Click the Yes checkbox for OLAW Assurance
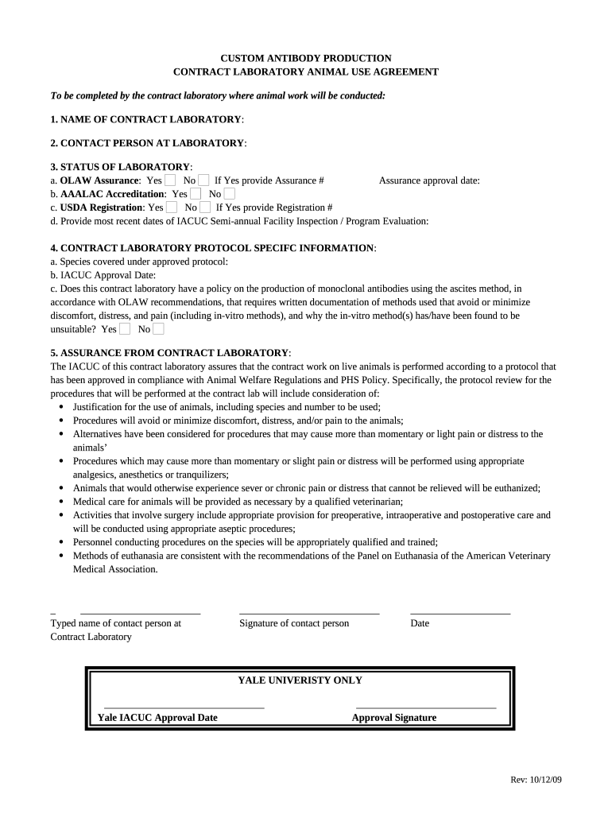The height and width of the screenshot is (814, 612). pos(170,180)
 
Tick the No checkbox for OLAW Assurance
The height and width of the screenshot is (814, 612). pos(203,180)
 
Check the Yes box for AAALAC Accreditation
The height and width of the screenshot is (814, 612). pos(196,193)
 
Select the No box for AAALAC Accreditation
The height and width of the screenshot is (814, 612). pos(229,193)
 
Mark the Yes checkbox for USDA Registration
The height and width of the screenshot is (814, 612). pos(172,207)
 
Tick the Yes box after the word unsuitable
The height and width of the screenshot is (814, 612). pos(125,328)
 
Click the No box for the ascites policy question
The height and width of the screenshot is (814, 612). pos(158,328)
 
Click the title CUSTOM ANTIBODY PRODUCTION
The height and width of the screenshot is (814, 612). pos(305,58)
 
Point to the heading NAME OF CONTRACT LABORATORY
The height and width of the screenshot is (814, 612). pos(147,119)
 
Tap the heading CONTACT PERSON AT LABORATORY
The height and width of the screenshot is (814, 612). pos(148,143)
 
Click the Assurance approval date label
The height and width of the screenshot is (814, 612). pos(429,180)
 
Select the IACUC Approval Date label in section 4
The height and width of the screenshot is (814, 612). pos(103,275)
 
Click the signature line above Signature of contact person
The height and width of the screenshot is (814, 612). pos(309,614)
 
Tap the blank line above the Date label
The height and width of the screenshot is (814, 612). pos(460,614)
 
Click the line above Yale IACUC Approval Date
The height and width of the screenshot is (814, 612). pos(184,707)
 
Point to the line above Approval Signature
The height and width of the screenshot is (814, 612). pos(425,707)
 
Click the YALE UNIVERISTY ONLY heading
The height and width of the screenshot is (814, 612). pos(300,680)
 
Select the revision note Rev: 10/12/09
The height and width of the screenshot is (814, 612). pos(536,780)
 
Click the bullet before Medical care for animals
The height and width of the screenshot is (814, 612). pos(63,502)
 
